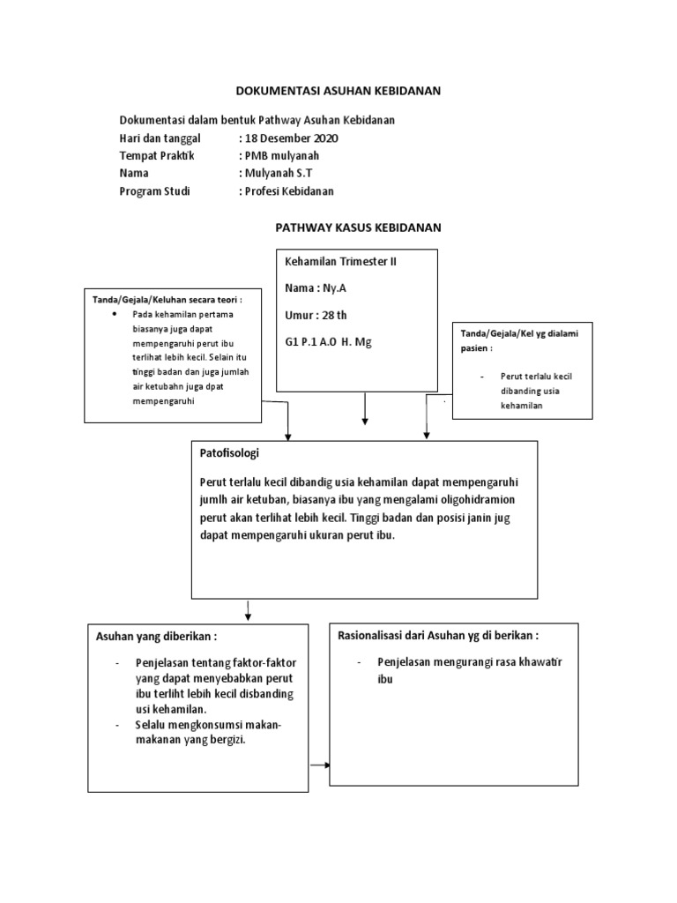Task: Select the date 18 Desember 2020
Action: [x=290, y=138]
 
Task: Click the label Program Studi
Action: [x=154, y=190]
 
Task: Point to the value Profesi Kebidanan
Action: [x=289, y=190]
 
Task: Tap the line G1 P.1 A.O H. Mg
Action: [x=328, y=341]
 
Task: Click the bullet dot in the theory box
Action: [x=116, y=314]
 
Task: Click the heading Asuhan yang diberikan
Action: [x=155, y=638]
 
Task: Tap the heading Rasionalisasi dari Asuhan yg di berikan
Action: [x=438, y=635]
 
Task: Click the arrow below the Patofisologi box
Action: [x=248, y=611]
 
